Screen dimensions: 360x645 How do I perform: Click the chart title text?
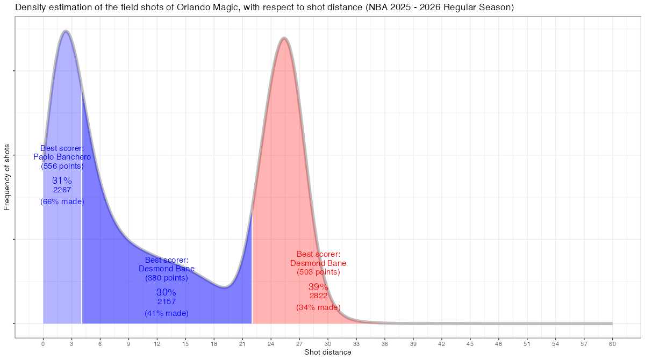[x=264, y=8]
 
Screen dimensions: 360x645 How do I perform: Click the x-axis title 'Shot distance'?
[x=328, y=352]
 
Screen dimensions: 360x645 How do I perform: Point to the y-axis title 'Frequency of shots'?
[x=7, y=177]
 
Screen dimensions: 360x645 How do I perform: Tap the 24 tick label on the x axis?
[x=271, y=343]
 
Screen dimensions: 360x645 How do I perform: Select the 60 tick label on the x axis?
[x=612, y=343]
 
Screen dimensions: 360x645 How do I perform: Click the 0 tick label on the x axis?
[x=43, y=343]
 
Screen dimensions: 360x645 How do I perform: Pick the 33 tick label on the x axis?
[x=356, y=343]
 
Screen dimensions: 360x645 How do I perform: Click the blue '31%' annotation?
[x=62, y=181]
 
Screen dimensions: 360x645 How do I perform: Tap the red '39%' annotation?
[x=318, y=287]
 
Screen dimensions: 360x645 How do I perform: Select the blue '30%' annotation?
[x=166, y=292]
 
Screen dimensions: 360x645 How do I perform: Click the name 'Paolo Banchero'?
[x=62, y=157]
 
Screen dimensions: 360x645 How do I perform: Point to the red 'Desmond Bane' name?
[x=318, y=263]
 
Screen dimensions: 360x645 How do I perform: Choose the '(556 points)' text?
[x=62, y=166]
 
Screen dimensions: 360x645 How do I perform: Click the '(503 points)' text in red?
[x=318, y=272]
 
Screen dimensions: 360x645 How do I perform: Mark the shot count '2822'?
[x=318, y=296]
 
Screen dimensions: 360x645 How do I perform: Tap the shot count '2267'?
[x=62, y=190]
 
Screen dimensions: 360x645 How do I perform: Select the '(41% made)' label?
[x=167, y=313]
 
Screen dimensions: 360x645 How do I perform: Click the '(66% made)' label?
[x=62, y=201]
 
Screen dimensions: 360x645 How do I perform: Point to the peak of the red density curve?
[x=284, y=39]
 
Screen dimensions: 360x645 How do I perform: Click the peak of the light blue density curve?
[x=66, y=32]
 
